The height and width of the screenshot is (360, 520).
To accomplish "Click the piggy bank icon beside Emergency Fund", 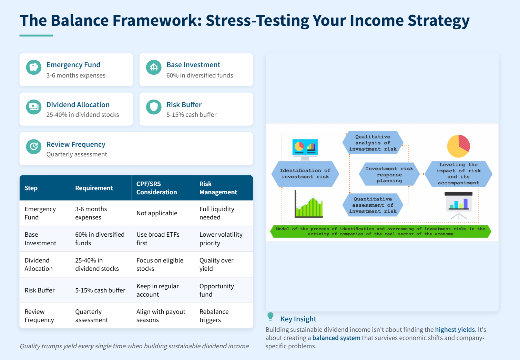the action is click(34, 67).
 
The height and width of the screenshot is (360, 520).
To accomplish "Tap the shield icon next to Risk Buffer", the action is click(154, 107).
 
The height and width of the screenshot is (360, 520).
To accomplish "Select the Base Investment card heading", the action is click(193, 65).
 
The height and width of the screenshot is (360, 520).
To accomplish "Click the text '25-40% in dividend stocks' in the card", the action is click(83, 115).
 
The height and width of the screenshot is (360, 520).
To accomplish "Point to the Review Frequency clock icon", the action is click(34, 147).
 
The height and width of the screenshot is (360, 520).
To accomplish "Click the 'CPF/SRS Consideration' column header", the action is click(157, 188).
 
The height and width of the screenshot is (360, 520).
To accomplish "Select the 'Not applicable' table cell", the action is click(157, 213).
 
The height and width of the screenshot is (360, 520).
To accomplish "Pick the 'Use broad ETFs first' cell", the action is click(158, 239).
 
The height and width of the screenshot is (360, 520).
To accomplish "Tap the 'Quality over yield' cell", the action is click(216, 264).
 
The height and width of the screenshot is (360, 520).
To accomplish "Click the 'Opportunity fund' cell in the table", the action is click(217, 290).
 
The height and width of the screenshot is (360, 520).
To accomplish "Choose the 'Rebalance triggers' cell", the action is click(214, 316).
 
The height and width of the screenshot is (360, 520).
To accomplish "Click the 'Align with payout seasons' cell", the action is click(161, 316).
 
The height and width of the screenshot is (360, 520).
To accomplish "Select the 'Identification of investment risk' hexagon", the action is click(305, 174).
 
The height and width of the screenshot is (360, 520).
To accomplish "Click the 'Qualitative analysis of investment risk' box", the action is click(373, 143).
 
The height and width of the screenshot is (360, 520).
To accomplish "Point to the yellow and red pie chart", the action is click(458, 146).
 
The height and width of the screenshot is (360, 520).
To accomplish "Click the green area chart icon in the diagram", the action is click(309, 204).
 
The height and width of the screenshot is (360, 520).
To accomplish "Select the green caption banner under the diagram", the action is click(381, 232).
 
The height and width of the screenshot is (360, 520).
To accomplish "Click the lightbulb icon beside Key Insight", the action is click(271, 317).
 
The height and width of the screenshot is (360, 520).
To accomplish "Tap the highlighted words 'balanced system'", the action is click(336, 338).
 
